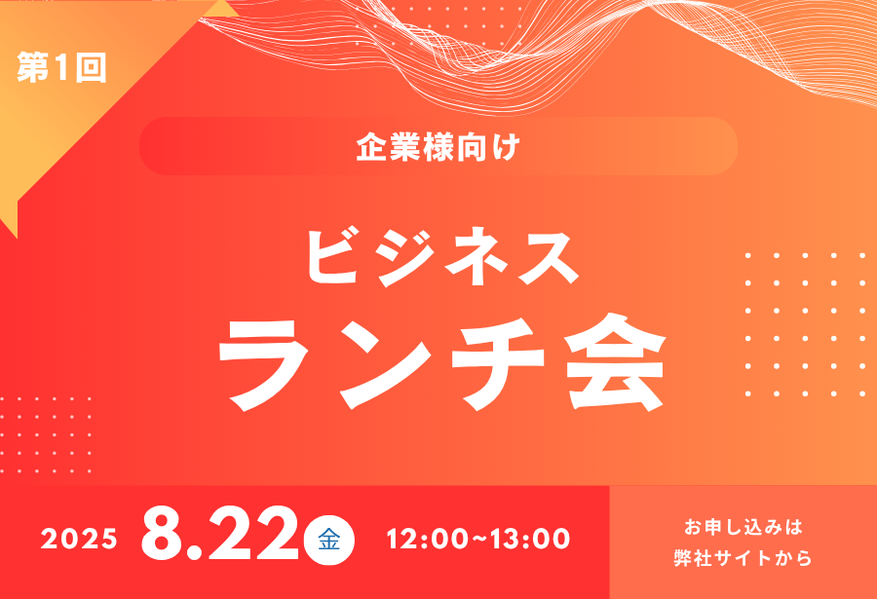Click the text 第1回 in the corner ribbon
(x=61, y=67)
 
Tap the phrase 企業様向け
(x=438, y=146)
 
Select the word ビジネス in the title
(x=442, y=257)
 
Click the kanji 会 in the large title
(x=615, y=362)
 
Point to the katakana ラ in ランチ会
(x=264, y=364)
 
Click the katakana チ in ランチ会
(x=497, y=363)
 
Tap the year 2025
(x=79, y=540)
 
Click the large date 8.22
(x=220, y=533)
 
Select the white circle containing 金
(x=329, y=540)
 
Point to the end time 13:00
(x=530, y=540)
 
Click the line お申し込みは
(x=744, y=527)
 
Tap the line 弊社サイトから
(x=743, y=558)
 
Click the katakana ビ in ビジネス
(x=334, y=257)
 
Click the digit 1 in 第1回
(x=62, y=67)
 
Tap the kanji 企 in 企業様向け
(x=371, y=147)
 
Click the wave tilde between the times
(x=479, y=540)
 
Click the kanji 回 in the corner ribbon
(x=92, y=68)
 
